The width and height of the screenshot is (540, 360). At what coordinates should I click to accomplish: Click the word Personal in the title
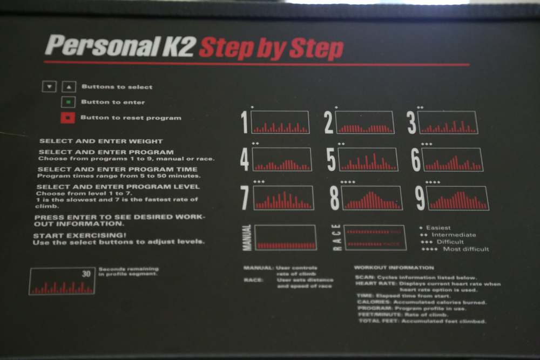[x=94, y=46]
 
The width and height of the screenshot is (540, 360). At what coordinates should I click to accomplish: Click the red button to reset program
[x=67, y=118]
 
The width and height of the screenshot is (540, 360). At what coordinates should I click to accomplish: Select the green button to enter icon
[x=67, y=102]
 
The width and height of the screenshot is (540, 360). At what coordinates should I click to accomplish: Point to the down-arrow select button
[x=49, y=87]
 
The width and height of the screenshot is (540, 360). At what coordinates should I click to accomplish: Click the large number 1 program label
[x=245, y=123]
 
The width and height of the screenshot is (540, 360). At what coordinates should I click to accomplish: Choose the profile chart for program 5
[x=368, y=159]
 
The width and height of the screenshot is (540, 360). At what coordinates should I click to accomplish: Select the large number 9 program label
[x=420, y=198]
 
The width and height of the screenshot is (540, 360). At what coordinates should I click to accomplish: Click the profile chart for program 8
[x=372, y=198]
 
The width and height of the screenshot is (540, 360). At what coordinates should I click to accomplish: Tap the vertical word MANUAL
[x=247, y=237]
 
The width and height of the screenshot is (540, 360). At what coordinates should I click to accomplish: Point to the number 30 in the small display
[x=86, y=274]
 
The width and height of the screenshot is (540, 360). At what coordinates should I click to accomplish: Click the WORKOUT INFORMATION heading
[x=394, y=267]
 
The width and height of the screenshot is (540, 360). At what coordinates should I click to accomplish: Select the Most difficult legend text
[x=465, y=249]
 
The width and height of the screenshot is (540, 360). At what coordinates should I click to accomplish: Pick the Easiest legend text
[x=438, y=228]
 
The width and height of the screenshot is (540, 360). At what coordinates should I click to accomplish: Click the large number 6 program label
[x=416, y=160]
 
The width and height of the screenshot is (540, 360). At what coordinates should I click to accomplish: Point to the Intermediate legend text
[x=453, y=235]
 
